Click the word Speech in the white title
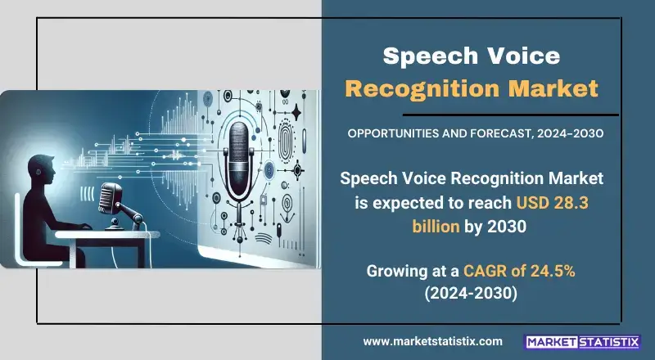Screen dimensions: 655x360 [x=425, y=56]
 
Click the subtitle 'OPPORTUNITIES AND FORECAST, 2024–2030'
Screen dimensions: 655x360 [x=476, y=133]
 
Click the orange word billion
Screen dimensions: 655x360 [x=436, y=227]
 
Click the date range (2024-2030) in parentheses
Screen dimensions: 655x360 [x=471, y=294]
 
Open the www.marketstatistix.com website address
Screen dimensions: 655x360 [x=433, y=341]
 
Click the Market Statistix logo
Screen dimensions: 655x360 [x=582, y=342]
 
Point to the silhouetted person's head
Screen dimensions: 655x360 [x=42, y=169]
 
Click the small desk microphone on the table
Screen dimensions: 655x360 [x=111, y=199]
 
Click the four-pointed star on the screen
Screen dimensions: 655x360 [x=296, y=112]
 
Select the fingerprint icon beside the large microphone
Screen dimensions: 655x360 [x=286, y=145]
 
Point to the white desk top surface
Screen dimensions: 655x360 [x=107, y=234]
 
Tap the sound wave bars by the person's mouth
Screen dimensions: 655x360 [x=87, y=194]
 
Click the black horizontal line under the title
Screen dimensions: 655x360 [x=510, y=115]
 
